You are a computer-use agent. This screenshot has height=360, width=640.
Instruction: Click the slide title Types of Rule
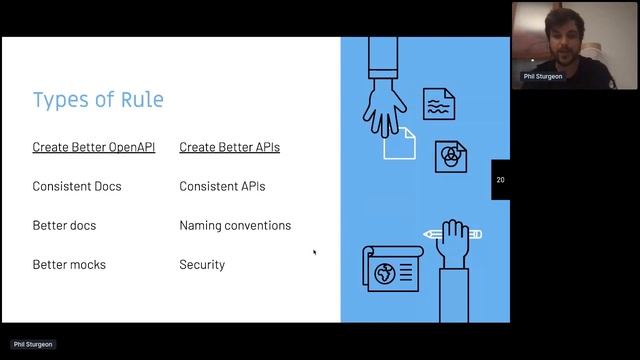click(x=98, y=100)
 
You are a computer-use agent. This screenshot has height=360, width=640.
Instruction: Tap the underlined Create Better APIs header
click(x=229, y=147)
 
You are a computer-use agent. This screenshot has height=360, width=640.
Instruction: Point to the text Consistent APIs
click(x=222, y=186)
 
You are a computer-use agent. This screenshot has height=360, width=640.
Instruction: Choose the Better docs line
click(x=64, y=225)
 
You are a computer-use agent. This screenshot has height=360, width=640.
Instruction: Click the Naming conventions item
click(x=235, y=225)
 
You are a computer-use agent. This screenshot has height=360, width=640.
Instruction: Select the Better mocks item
click(x=69, y=265)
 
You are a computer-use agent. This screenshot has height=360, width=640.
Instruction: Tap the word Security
click(x=202, y=265)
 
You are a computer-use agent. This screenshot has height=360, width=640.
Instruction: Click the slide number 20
click(x=500, y=180)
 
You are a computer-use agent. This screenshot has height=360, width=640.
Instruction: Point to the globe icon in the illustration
click(x=384, y=271)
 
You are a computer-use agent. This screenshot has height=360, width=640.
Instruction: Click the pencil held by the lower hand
click(x=452, y=234)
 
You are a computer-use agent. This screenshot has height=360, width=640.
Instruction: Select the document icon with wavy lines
click(x=438, y=104)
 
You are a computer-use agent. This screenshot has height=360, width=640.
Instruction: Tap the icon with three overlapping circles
click(x=451, y=156)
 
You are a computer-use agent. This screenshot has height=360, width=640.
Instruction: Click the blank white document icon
click(x=400, y=144)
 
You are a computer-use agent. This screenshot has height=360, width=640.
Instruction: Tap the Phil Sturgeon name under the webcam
click(x=545, y=76)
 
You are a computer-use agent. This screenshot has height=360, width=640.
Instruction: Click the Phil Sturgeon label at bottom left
click(x=33, y=344)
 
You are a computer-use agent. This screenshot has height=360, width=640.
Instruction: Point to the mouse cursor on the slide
click(x=314, y=252)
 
